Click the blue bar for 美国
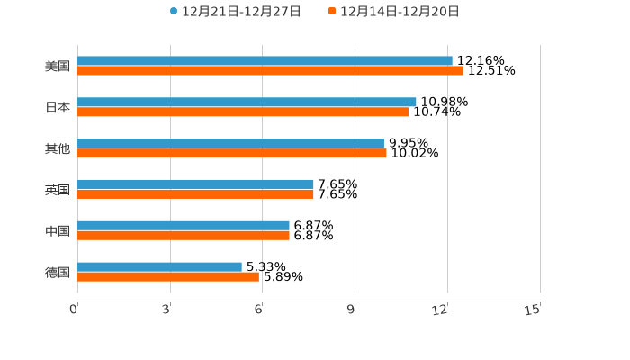click(265, 60)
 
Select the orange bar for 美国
click(270, 70)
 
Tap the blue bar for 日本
click(247, 102)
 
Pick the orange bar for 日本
click(243, 112)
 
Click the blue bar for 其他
click(230, 143)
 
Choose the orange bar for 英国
click(195, 193)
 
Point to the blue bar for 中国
click(184, 225)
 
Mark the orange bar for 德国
click(168, 276)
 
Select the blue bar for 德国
click(159, 266)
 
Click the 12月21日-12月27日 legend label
click(241, 12)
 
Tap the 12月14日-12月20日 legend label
click(400, 12)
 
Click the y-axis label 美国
click(58, 66)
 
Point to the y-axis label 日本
click(58, 107)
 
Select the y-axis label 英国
click(58, 189)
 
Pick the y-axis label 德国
click(58, 272)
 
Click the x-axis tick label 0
click(74, 310)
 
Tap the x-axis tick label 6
click(258, 310)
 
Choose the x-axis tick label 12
click(441, 310)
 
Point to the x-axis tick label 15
click(533, 310)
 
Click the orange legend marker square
click(332, 12)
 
